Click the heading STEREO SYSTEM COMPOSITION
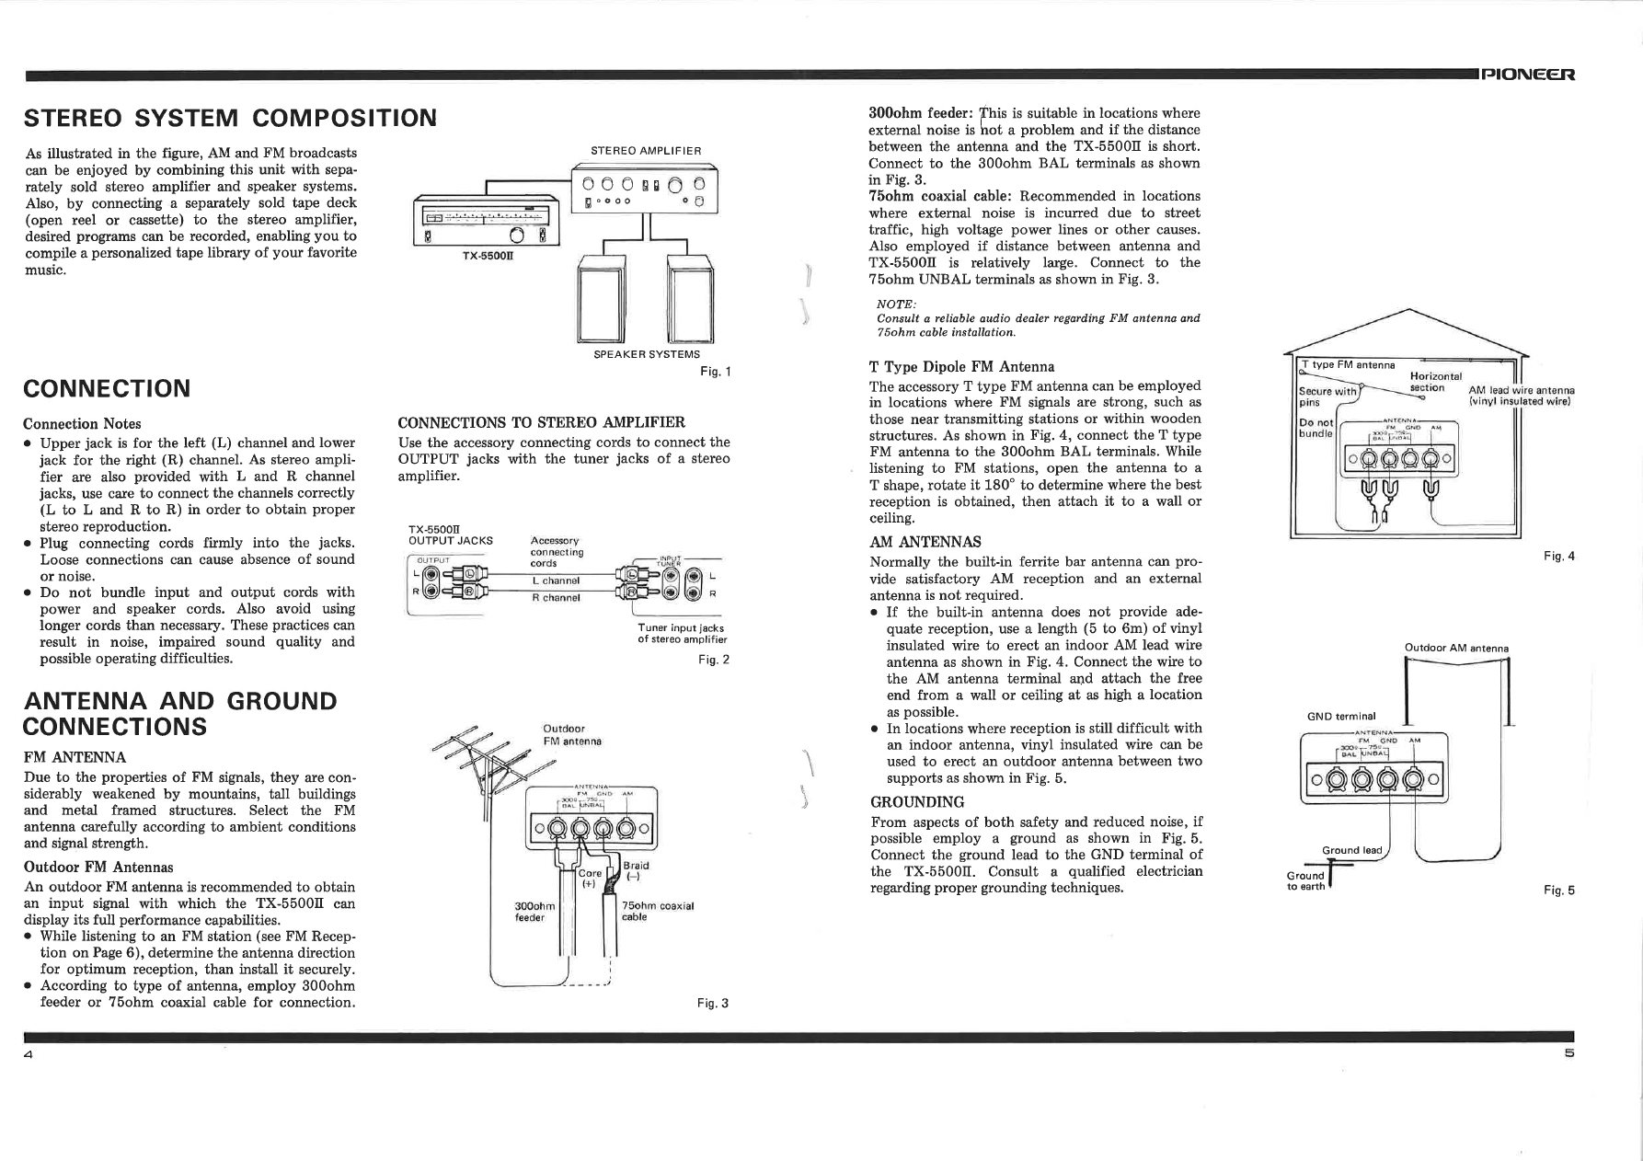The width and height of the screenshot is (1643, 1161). click(x=230, y=118)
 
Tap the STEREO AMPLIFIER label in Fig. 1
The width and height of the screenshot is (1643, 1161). click(x=646, y=151)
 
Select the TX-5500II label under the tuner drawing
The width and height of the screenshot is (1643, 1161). click(x=488, y=256)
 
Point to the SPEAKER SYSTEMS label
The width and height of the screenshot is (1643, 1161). click(x=647, y=354)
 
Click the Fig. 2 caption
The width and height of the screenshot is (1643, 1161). click(x=713, y=660)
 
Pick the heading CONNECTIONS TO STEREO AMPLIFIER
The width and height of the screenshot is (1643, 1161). click(x=541, y=422)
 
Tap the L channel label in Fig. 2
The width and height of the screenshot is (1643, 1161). click(x=556, y=580)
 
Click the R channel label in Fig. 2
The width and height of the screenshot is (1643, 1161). click(x=556, y=598)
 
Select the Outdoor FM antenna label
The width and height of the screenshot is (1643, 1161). click(x=572, y=735)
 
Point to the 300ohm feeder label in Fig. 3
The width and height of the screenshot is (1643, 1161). click(x=530, y=912)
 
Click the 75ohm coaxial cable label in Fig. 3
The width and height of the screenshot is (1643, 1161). click(x=657, y=911)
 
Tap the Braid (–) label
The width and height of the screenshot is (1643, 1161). click(x=636, y=871)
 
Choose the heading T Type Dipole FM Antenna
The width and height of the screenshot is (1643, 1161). click(x=961, y=366)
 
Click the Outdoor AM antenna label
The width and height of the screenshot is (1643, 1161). click(x=1456, y=648)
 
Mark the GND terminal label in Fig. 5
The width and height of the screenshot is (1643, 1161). click(x=1341, y=717)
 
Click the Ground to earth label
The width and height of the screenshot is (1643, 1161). click(x=1305, y=881)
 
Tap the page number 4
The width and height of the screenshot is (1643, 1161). click(x=29, y=1054)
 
